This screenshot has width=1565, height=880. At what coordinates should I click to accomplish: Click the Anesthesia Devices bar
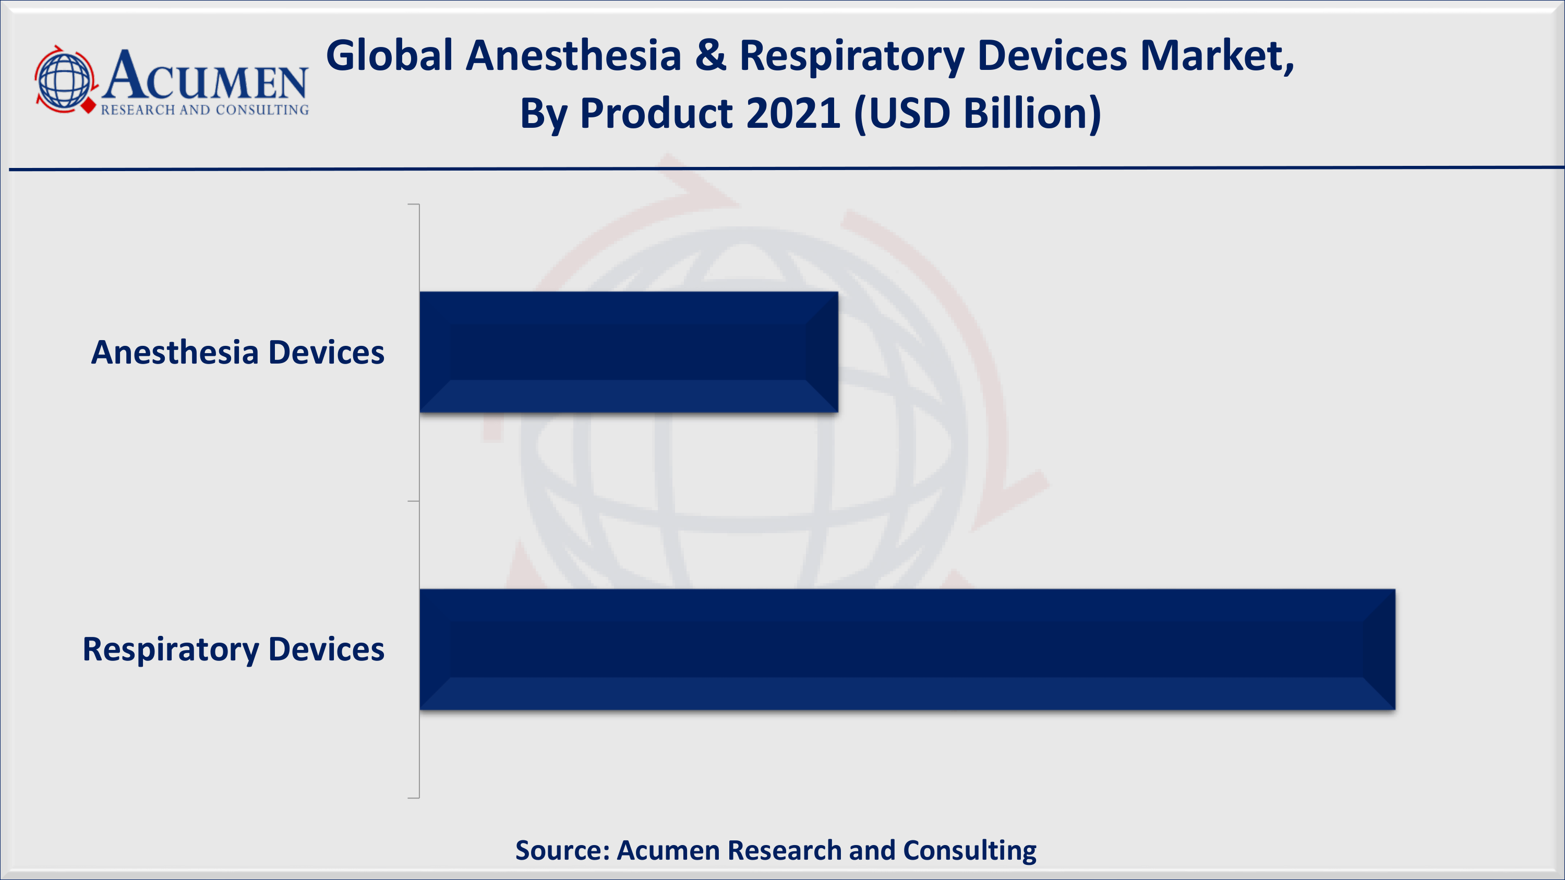point(629,352)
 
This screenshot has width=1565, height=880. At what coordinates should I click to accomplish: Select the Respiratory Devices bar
point(907,649)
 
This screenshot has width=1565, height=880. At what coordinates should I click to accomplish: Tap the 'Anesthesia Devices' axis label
point(237,352)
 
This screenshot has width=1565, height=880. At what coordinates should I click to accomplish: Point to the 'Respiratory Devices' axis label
point(233,649)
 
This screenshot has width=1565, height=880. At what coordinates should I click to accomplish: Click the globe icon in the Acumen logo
point(64,80)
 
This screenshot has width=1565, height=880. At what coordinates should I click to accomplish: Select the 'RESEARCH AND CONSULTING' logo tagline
point(204,110)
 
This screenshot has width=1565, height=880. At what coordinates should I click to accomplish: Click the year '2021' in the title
point(793,114)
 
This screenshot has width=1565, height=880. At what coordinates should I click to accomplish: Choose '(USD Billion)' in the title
point(978,114)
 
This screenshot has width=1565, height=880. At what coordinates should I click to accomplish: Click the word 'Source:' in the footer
point(562,850)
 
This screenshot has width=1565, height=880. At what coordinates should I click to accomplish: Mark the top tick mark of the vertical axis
point(413,204)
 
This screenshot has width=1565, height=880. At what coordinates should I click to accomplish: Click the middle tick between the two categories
point(413,501)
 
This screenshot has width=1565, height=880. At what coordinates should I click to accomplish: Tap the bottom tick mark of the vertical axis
point(413,798)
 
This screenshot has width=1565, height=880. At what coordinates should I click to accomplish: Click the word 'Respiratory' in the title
point(852,56)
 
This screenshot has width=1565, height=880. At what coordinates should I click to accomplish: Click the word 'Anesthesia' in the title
point(573,56)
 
